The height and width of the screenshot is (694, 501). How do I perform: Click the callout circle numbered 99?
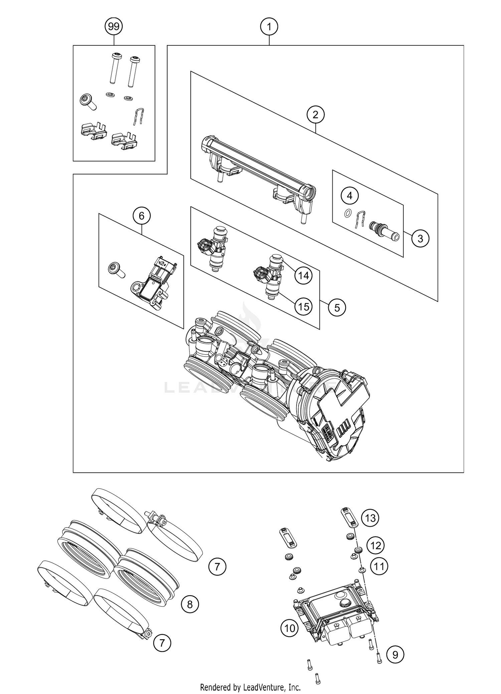coord(114,26)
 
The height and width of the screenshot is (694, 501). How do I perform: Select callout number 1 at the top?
coord(269,26)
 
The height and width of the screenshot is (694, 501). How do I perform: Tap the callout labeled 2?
coord(315,115)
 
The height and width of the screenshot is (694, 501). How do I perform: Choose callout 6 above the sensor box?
coord(142,216)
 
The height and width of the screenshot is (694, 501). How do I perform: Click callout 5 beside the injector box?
coord(337,307)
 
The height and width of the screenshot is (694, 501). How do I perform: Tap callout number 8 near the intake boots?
coord(190,604)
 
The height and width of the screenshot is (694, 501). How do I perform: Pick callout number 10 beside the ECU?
coord(289,628)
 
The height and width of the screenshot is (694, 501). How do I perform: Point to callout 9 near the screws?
coord(395,655)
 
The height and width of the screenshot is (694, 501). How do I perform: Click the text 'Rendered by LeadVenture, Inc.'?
coord(250,687)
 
